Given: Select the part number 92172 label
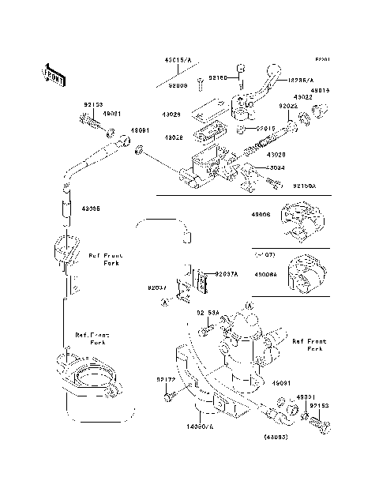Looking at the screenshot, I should point(165,381).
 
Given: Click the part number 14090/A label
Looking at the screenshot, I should point(200,426).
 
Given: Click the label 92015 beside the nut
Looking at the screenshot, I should point(265,129).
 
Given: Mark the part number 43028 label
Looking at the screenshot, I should point(174,138).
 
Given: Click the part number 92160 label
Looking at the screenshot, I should point(218,78).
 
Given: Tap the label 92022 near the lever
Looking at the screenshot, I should point(288,105).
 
